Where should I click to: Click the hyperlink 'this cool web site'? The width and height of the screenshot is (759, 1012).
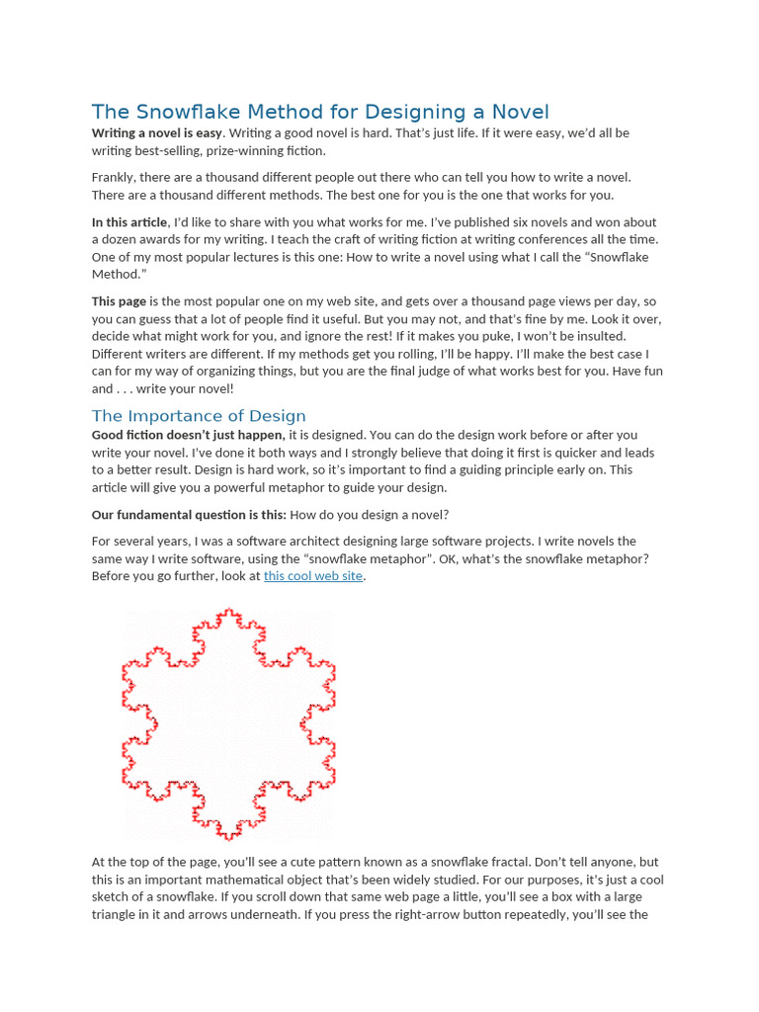click(x=313, y=576)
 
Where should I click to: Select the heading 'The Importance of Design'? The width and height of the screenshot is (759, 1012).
click(x=199, y=416)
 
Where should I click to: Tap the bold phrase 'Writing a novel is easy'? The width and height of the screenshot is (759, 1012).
click(x=157, y=132)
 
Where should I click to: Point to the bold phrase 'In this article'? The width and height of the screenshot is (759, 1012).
click(x=129, y=222)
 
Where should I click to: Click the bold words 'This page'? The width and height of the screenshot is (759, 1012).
click(x=120, y=301)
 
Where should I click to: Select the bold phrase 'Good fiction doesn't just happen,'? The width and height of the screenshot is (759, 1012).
click(x=189, y=435)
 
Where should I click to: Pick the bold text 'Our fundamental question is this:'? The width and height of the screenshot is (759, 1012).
click(x=189, y=515)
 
